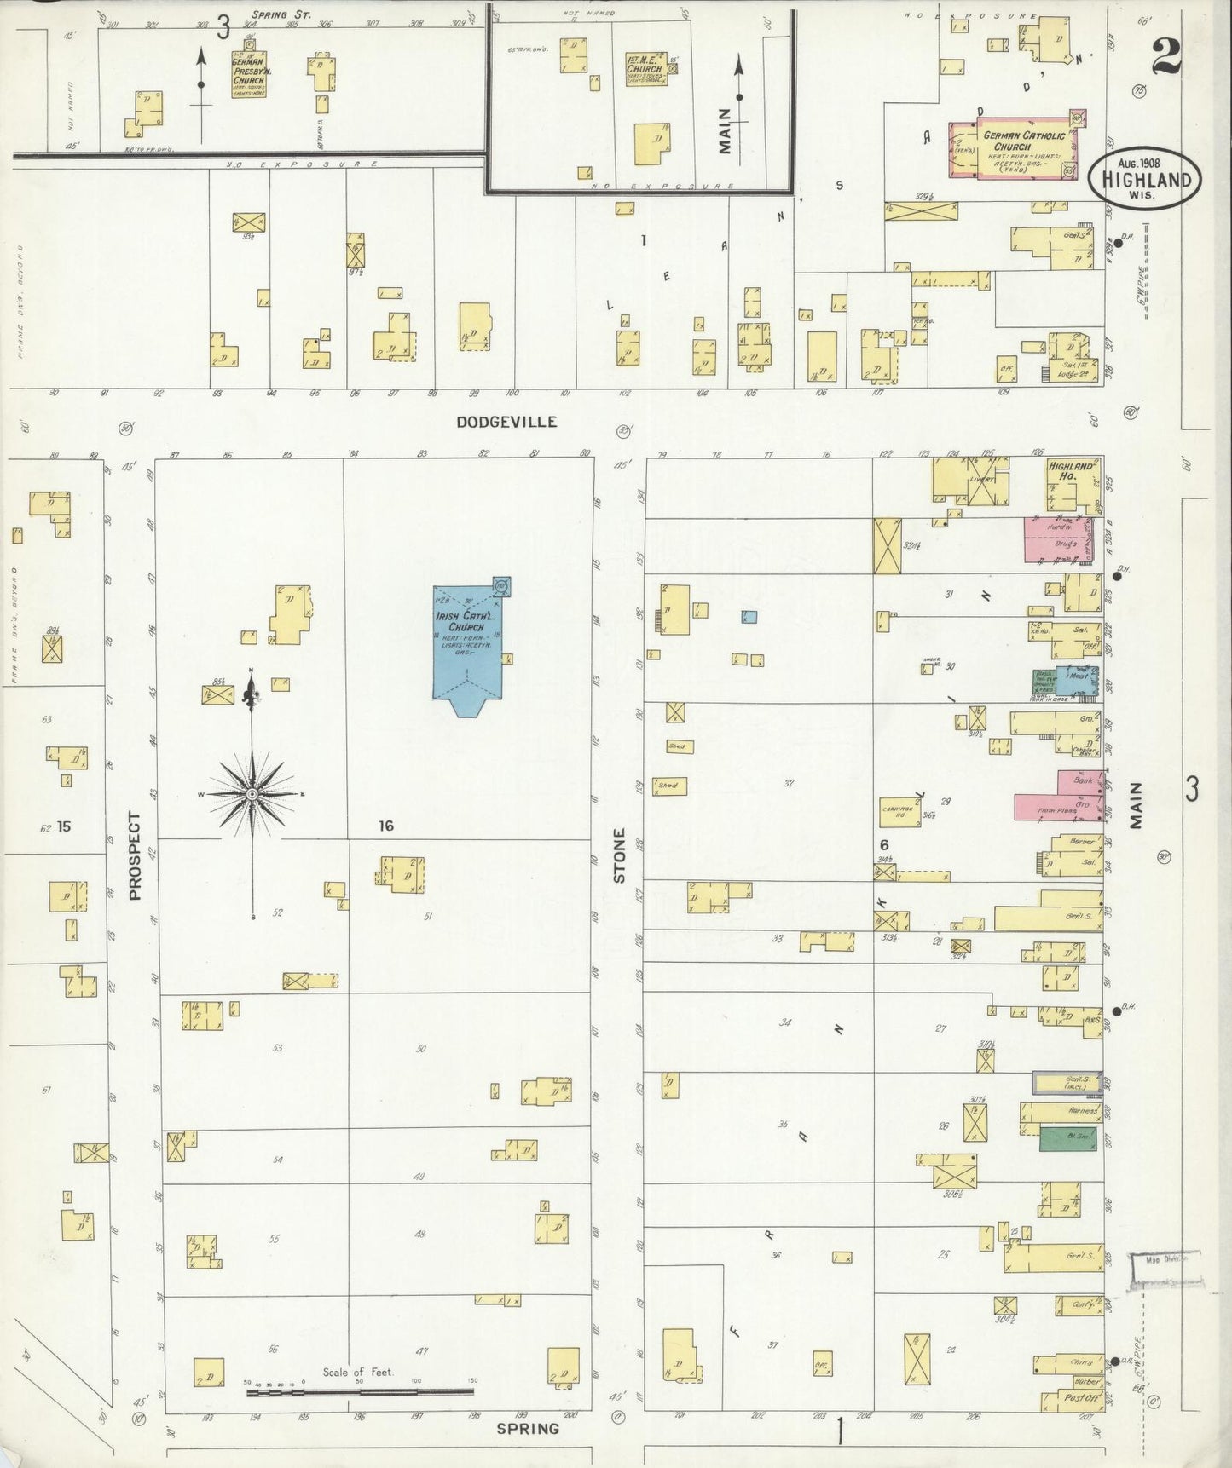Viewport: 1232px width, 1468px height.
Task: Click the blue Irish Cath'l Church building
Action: (467, 642)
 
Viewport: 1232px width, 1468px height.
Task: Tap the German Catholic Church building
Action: (1011, 150)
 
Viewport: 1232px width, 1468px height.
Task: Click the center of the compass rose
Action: (252, 794)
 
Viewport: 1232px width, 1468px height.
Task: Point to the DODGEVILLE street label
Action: (506, 422)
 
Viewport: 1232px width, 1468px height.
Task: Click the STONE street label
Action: (620, 855)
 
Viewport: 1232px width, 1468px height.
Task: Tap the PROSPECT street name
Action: (134, 855)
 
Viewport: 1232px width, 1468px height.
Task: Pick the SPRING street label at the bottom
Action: (528, 1429)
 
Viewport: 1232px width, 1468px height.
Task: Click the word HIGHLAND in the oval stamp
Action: (1146, 180)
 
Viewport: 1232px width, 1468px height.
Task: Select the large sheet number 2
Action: (1165, 57)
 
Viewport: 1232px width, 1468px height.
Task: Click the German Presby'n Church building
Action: (248, 75)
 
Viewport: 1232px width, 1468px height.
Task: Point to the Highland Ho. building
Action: (1071, 484)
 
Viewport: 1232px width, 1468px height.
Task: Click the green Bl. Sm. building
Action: (1067, 1139)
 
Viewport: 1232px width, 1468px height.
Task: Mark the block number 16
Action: (386, 825)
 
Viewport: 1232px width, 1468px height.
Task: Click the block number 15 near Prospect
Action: (64, 826)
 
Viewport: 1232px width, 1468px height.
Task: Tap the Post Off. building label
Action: (1077, 1398)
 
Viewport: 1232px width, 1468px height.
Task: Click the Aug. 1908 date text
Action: (1145, 162)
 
